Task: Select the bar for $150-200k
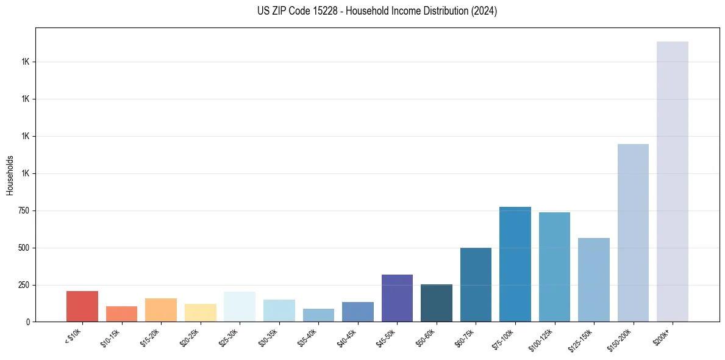(x=633, y=232)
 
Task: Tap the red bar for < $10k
(x=82, y=306)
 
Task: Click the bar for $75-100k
(x=515, y=264)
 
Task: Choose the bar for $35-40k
(x=318, y=315)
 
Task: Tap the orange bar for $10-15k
(x=121, y=314)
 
